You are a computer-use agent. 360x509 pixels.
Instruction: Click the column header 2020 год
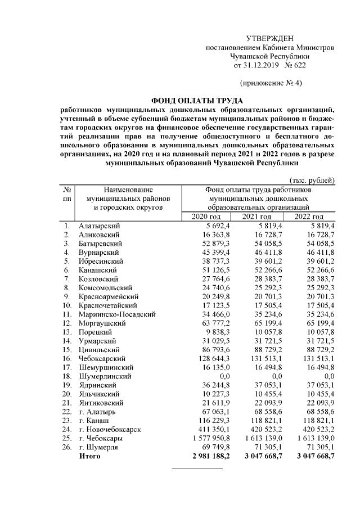(207, 217)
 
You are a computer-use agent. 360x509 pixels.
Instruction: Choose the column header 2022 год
(309, 217)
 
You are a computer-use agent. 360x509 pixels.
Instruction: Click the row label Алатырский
(100, 226)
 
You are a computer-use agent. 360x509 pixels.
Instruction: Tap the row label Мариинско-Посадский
(117, 314)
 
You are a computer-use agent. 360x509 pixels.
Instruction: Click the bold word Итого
(90, 456)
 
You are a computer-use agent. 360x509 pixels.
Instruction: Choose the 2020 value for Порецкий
(216, 332)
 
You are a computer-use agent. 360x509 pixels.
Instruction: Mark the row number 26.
(66, 447)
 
